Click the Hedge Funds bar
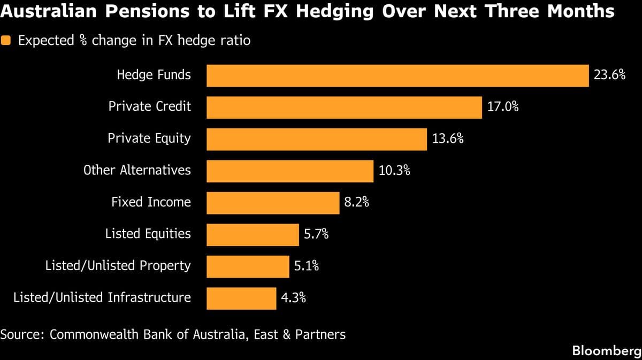(398, 75)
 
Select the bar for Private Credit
(344, 107)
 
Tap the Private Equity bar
(317, 139)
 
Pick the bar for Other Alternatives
(289, 171)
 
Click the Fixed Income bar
(273, 203)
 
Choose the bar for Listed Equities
(253, 234)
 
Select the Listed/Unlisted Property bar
(248, 266)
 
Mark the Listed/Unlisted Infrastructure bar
(241, 298)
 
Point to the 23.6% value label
(609, 75)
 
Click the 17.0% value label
(503, 107)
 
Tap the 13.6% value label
(448, 139)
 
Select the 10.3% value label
(394, 171)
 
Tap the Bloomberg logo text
(606, 351)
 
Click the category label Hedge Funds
(154, 75)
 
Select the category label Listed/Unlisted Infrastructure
(102, 298)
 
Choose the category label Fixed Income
(151, 202)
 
